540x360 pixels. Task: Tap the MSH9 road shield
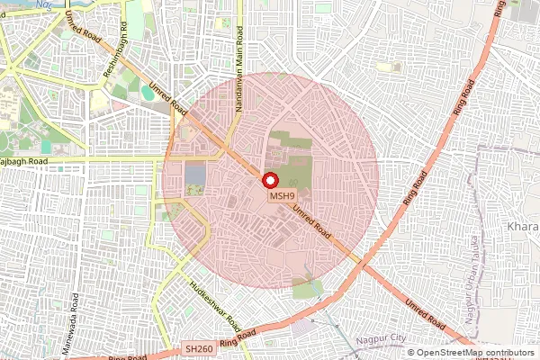[x=282, y=195]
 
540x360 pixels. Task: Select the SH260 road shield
[x=199, y=346]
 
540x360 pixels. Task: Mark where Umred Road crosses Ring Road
[x=362, y=264]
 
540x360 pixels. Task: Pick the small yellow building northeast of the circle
[x=389, y=67]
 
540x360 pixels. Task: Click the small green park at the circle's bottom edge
[x=308, y=289]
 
